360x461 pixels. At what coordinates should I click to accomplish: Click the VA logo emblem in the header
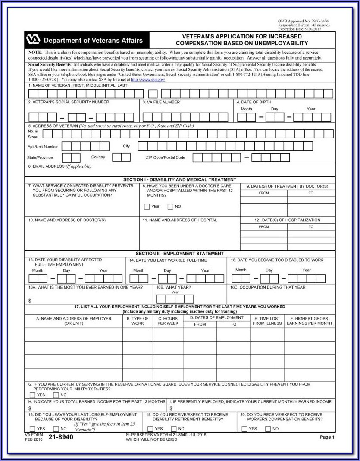coord(33,40)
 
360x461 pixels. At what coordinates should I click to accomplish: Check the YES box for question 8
coord(147,207)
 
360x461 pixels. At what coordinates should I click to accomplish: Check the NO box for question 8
coord(170,207)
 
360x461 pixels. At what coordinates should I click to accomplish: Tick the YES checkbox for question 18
coord(31,429)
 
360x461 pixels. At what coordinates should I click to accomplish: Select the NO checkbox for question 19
coord(174,429)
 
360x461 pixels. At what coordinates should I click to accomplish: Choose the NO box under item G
coord(56,395)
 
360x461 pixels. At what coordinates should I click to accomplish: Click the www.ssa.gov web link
coord(148,80)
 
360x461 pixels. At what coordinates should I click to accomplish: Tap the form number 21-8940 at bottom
coord(60,437)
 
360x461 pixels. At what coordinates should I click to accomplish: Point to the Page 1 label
coord(327,437)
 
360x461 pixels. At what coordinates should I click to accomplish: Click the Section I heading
coord(179,179)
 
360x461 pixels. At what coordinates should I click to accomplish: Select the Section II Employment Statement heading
coord(179,254)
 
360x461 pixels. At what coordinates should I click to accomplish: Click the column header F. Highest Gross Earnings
coord(309,320)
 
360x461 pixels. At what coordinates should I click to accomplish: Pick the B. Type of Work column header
coord(138,320)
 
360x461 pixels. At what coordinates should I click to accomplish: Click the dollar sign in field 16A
coord(30,301)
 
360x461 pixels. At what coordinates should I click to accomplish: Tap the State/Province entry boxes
coord(71,157)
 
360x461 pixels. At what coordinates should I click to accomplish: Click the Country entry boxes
coord(121,157)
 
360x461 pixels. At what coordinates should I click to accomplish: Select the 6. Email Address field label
coord(59,166)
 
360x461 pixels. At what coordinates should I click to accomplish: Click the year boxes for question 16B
coord(175,299)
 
